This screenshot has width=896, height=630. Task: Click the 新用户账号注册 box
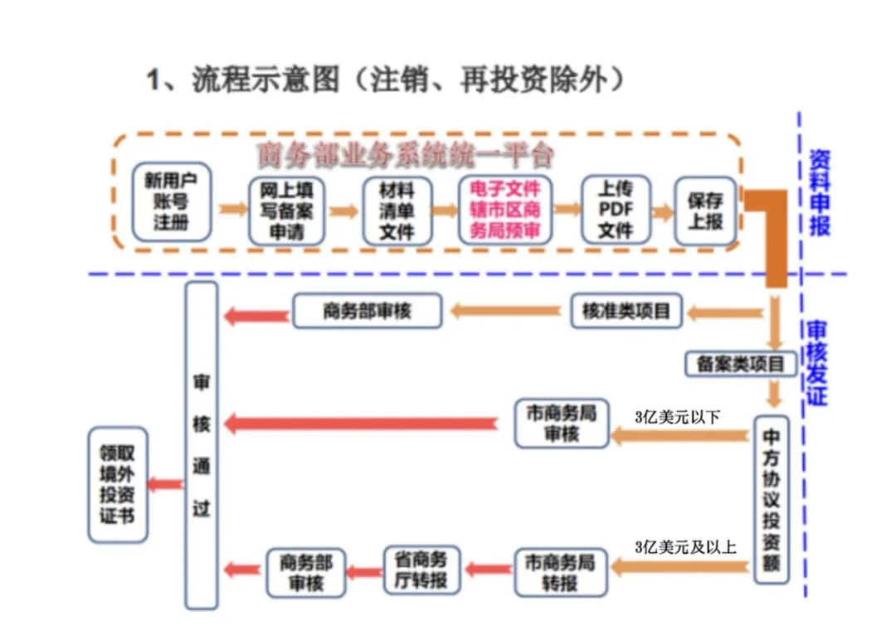tap(171, 201)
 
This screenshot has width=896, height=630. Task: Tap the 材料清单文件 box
tap(397, 211)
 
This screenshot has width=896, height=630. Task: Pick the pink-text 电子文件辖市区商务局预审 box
tap(504, 210)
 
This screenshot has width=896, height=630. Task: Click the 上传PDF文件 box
tap(616, 210)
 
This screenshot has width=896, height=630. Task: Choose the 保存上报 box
tap(705, 211)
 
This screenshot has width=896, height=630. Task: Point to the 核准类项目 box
tap(626, 312)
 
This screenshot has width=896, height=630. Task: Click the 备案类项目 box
tap(741, 363)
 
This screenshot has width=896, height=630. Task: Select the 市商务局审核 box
tap(562, 424)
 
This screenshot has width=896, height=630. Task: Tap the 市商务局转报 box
tap(561, 572)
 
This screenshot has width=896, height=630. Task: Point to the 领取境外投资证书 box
tap(118, 485)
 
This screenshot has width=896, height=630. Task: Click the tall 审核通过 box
tap(202, 445)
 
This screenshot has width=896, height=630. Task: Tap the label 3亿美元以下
tap(676, 417)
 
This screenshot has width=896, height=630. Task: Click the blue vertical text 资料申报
tap(820, 192)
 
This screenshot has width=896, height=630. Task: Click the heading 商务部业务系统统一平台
tap(405, 155)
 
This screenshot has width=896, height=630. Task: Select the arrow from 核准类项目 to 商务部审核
tap(506, 312)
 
